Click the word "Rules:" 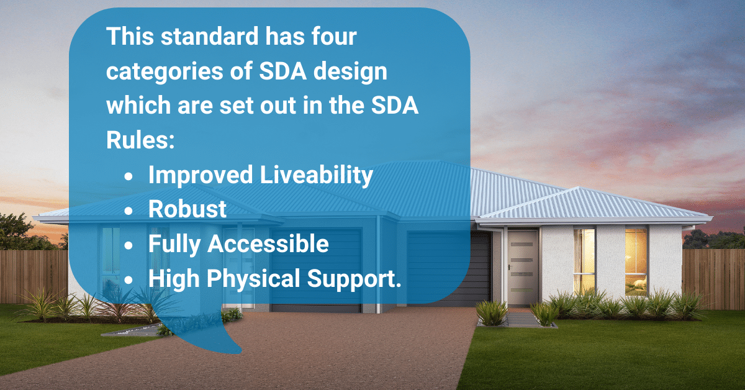138,140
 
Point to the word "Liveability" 315,176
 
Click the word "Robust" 187,209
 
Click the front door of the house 522,267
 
